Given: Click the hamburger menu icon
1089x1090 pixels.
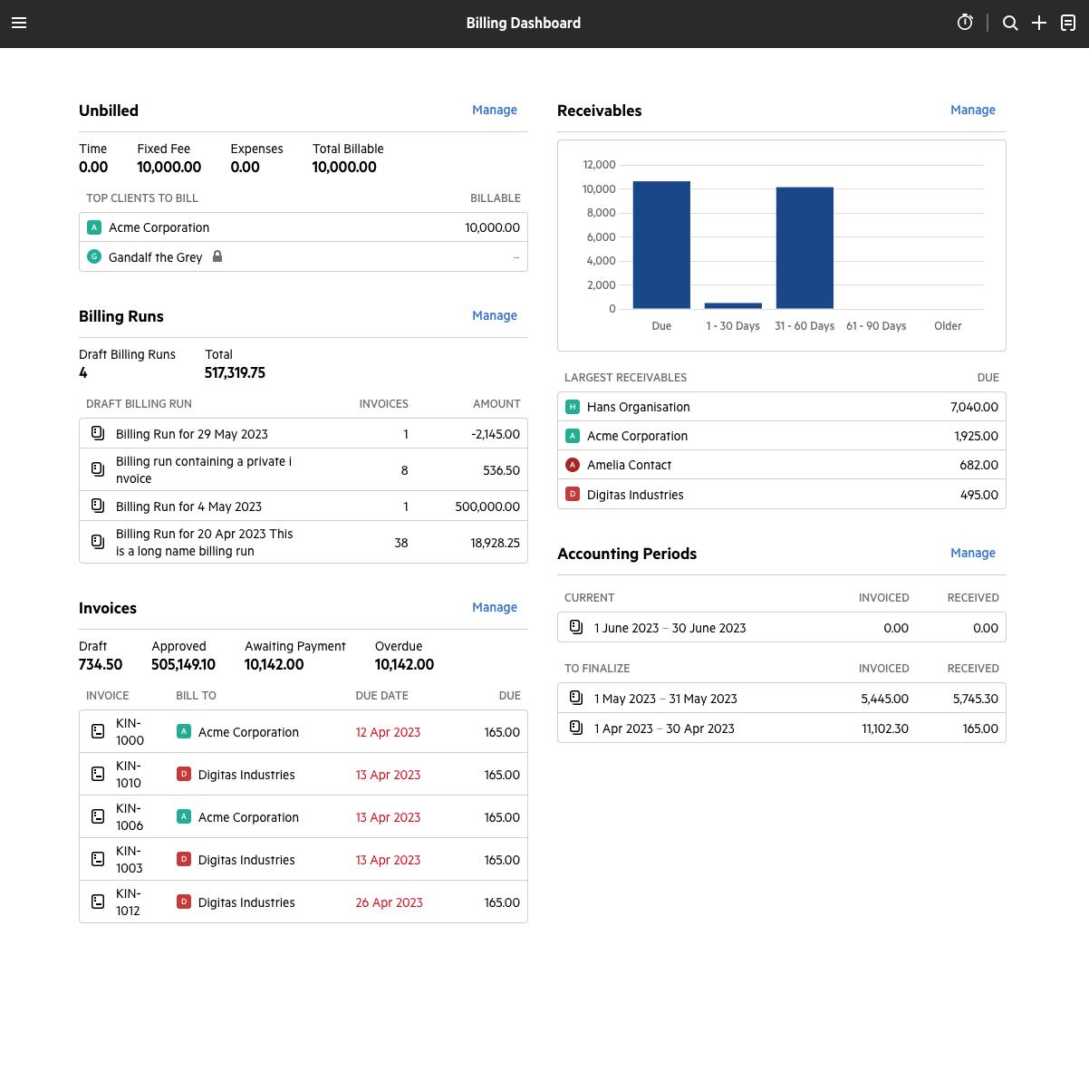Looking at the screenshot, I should coord(19,23).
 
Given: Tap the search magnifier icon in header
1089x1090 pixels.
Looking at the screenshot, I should coord(1010,23).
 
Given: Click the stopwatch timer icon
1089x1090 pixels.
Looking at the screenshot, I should coord(965,23).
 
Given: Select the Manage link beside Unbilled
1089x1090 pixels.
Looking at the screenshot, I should coord(494,110).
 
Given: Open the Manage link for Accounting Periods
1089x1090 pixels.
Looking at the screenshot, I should coord(972,553).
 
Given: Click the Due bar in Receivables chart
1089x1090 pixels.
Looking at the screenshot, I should coord(661,245).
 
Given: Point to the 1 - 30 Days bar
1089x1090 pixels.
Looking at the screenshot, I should coord(733,305).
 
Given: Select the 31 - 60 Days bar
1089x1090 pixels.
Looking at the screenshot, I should coord(805,247).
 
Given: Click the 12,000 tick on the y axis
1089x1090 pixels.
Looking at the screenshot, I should coord(599,165).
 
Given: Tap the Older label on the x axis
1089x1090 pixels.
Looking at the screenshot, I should coord(948,326).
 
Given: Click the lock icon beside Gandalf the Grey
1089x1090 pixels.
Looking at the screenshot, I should coord(217,256).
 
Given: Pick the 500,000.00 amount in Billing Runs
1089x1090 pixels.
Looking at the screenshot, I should coord(487,506).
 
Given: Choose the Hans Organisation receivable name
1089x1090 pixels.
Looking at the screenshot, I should coord(638,407).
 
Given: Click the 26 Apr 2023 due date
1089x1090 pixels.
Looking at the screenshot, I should coord(389,902).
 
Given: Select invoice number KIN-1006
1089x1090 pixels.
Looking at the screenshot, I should coord(130,816).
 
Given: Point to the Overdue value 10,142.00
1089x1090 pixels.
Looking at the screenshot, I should coord(404,664).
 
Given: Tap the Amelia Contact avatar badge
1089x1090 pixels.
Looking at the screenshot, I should coord(573,465).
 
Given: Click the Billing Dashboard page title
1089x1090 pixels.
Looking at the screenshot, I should coord(524,23).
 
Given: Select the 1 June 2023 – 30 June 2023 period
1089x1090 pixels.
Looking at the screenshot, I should coord(670,628).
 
